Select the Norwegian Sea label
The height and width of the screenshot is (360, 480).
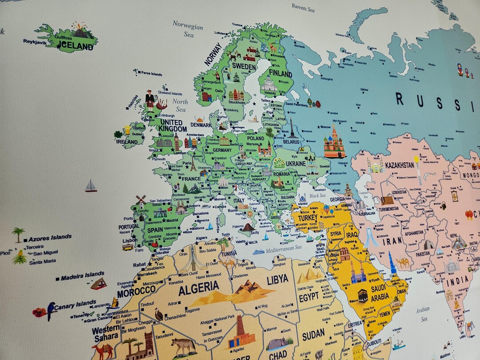point(188,29)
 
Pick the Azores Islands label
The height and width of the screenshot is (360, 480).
point(50,238)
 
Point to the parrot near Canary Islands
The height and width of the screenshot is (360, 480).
point(51,310)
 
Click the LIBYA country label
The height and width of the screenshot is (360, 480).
point(277,280)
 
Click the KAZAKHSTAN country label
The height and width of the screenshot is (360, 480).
point(399,165)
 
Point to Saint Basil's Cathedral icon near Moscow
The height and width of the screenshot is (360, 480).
point(334,143)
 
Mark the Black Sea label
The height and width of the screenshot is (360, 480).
point(317,196)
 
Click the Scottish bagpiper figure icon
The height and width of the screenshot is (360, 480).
point(150,100)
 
